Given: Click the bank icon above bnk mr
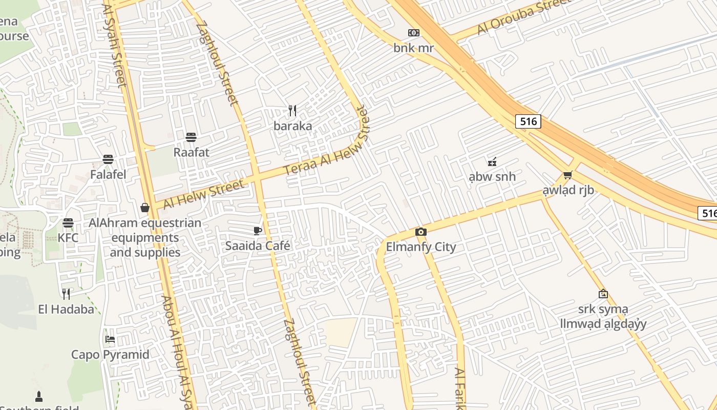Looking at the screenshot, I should (413, 33).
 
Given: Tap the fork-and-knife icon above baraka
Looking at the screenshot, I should (292, 110).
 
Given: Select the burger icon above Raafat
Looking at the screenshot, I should (191, 137).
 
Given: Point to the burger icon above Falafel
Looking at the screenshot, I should (108, 159).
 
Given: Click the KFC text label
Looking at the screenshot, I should (68, 238).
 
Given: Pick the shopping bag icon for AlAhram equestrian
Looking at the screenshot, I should (145, 208).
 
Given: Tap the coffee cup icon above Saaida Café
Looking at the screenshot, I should (258, 231).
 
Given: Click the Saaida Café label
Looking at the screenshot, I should (258, 246).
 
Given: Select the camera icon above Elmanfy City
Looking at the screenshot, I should (421, 232).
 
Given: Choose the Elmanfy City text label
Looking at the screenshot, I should (420, 247).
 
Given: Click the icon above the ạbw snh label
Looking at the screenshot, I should (492, 162).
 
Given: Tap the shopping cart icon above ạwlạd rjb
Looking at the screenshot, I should (567, 175).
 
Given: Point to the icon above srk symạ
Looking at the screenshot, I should (603, 294).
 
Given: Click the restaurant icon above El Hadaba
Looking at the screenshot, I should (66, 294).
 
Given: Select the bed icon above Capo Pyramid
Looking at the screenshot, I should (110, 339).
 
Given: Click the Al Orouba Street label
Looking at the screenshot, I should (523, 17).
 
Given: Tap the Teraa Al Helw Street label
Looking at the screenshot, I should (326, 140).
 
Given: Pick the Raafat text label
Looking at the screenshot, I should (191, 152).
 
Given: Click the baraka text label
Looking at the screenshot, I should (292, 126).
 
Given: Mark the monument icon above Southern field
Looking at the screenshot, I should (39, 396).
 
